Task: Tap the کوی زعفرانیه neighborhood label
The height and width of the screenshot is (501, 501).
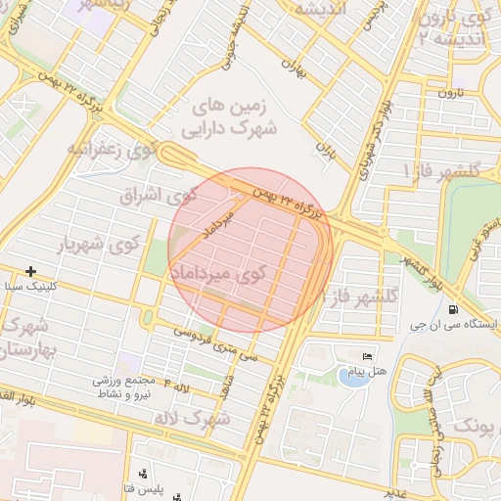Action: [112, 150]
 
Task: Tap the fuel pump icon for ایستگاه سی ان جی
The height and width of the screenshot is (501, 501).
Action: [451, 311]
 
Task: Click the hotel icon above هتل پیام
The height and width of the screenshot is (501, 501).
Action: [367, 355]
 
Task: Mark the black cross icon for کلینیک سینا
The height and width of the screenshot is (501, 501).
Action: [31, 271]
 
